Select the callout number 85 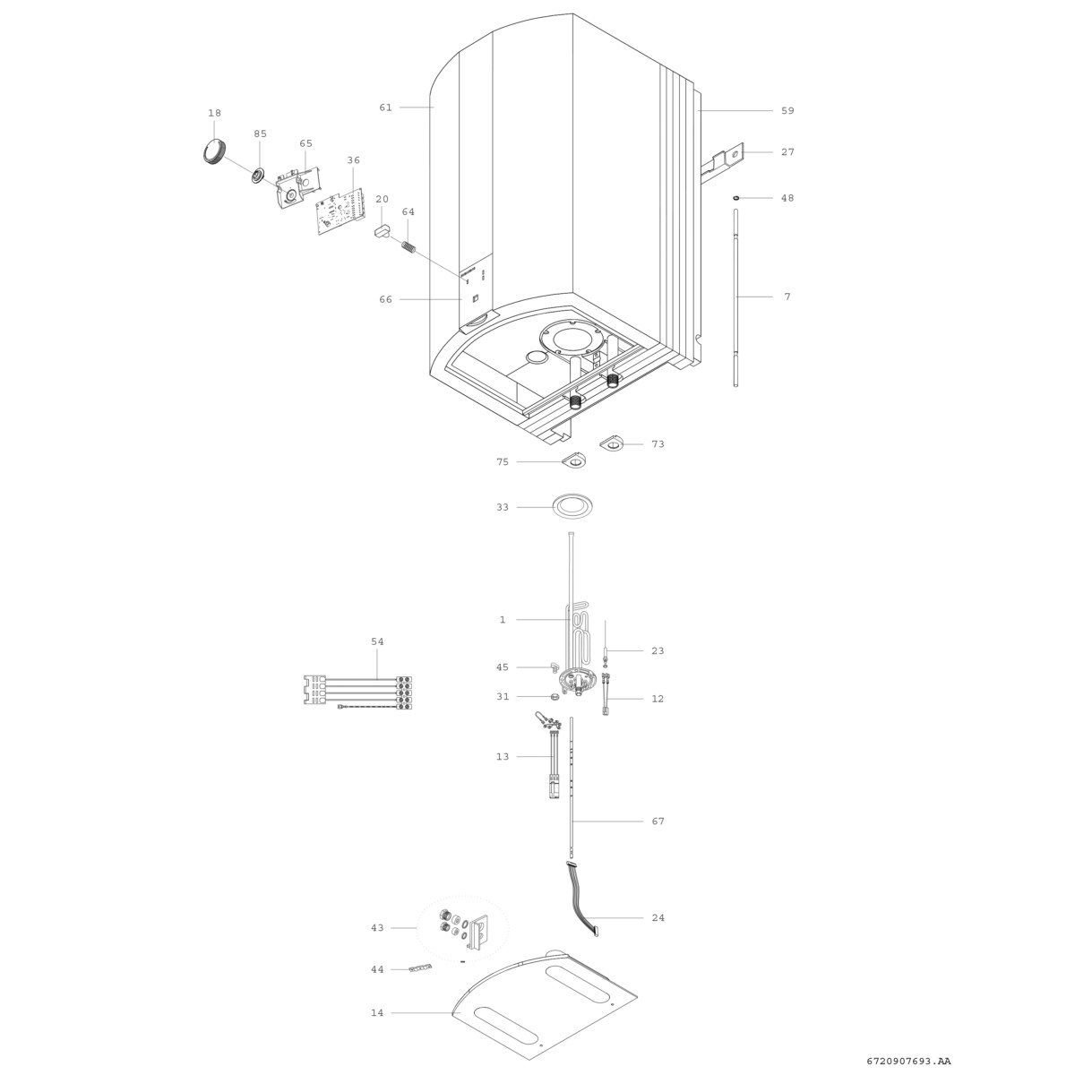(260, 133)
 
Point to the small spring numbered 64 (408, 246)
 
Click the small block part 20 (383, 231)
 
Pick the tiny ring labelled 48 (736, 197)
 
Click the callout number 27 (787, 151)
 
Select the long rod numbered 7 (735, 297)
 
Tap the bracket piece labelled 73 (613, 443)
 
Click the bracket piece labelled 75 (574, 460)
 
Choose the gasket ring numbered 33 (572, 506)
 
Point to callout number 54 (378, 641)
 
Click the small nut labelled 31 (555, 696)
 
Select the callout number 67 (658, 821)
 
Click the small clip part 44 (421, 968)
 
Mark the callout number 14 (378, 1012)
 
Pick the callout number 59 (787, 110)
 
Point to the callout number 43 (378, 928)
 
